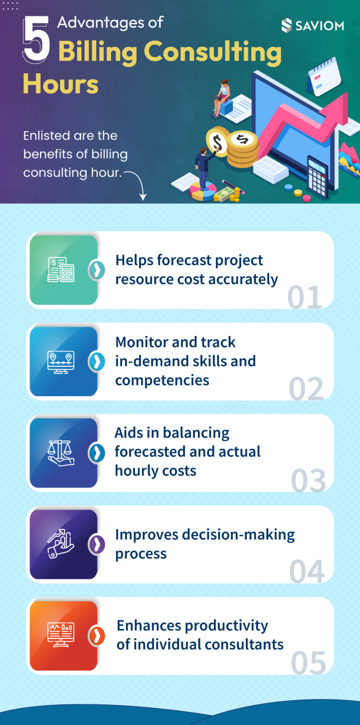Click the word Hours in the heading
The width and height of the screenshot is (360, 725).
coord(60,84)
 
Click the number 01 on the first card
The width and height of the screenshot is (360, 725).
coord(305,297)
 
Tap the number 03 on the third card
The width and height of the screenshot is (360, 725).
coord(308,481)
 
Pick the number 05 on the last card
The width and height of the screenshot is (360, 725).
coord(308,663)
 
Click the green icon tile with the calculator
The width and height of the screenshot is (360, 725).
coord(63,270)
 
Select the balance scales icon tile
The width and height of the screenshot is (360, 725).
coord(63,453)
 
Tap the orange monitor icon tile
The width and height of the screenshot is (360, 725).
coord(63,635)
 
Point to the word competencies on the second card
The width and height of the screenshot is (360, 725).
coord(162,380)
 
